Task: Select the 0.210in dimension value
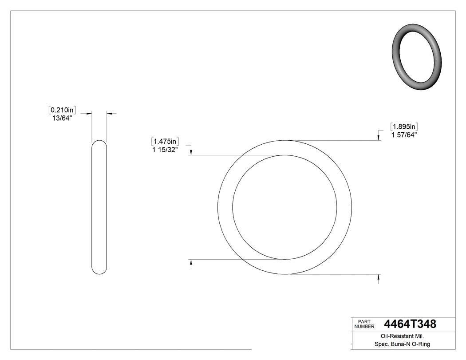click(x=63, y=110)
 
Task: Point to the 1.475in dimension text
click(x=165, y=142)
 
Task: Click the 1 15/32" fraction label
click(x=165, y=150)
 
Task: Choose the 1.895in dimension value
click(x=404, y=127)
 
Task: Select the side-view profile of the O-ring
click(x=99, y=207)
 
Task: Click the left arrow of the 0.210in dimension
click(x=89, y=114)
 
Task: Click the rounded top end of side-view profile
click(x=99, y=142)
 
